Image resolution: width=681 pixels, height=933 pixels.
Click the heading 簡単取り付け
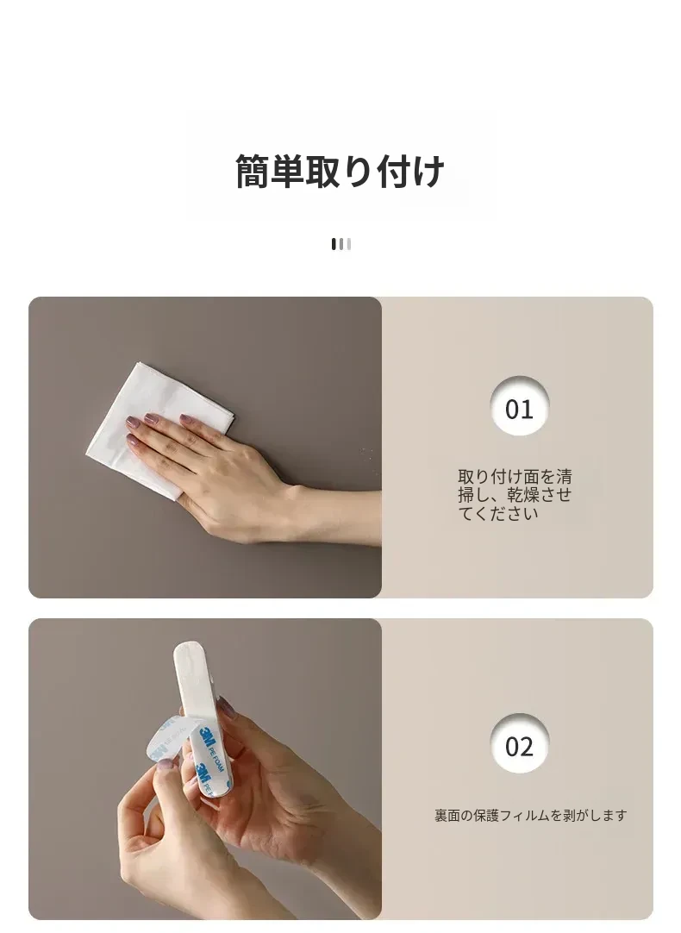click(x=340, y=172)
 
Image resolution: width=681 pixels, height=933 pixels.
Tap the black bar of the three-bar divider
click(x=334, y=244)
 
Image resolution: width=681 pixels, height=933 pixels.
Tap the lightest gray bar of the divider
click(x=348, y=244)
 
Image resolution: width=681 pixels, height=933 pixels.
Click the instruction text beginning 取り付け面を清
click(x=515, y=494)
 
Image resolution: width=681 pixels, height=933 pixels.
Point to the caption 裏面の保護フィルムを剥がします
click(x=530, y=815)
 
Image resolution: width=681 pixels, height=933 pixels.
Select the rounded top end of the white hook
click(x=190, y=650)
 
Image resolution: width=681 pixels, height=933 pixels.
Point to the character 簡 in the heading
click(x=253, y=172)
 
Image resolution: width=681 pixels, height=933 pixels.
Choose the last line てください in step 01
click(x=498, y=513)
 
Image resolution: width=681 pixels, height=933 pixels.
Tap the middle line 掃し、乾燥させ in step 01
click(x=515, y=494)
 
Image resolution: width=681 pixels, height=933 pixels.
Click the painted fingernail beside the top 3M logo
click(x=225, y=706)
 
